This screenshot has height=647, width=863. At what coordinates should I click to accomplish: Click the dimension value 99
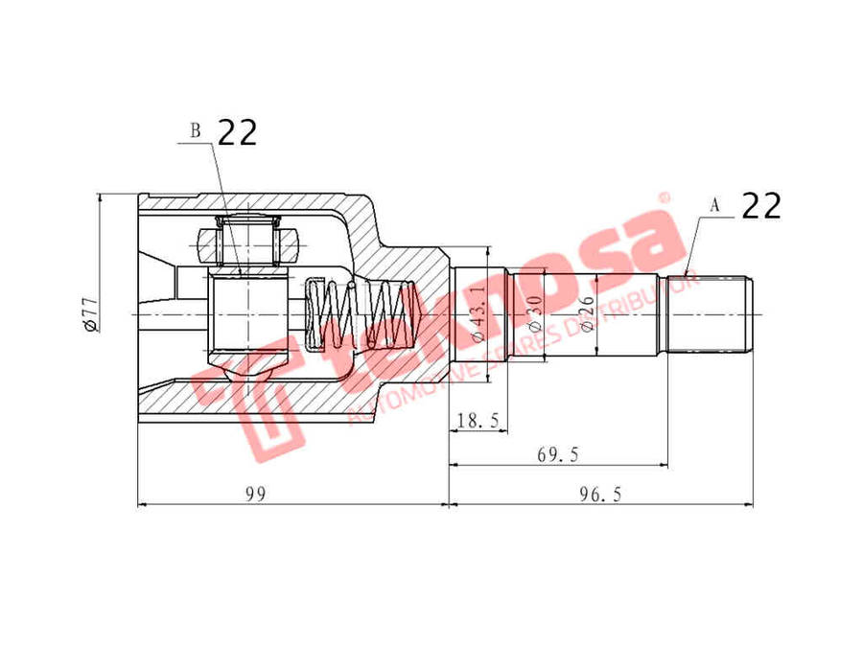coord(254,494)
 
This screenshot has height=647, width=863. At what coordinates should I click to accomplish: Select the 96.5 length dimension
coord(601,494)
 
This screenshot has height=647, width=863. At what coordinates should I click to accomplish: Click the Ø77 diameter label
coord(89,314)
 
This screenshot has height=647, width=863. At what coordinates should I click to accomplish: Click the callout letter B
coord(196,131)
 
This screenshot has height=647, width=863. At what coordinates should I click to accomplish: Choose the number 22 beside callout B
coord(238,132)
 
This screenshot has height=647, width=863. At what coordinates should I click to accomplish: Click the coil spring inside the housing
coord(360,314)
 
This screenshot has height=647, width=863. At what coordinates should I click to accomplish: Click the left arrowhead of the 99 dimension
coord(143,504)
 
